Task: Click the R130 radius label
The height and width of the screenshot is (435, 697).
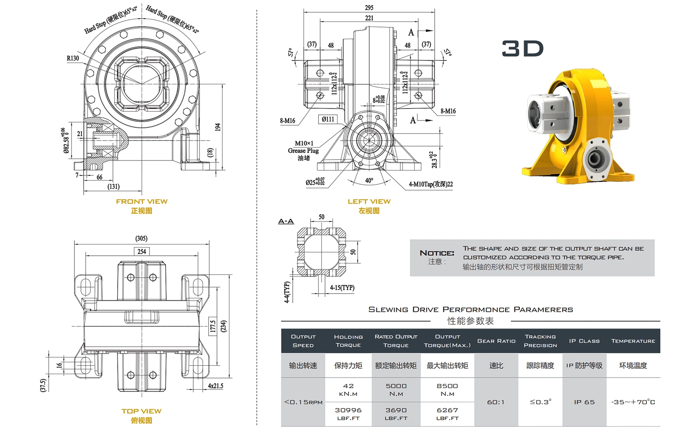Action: point(73,58)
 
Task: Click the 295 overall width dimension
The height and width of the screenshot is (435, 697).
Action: point(369,8)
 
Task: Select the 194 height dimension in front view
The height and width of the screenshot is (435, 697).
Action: point(217,127)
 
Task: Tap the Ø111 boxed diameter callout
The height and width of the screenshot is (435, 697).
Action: point(328,119)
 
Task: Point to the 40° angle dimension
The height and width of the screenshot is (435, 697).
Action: point(369,181)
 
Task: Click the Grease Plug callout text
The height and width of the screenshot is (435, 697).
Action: point(303,151)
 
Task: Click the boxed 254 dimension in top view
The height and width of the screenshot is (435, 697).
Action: point(142,251)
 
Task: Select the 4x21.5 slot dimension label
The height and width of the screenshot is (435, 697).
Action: point(215,386)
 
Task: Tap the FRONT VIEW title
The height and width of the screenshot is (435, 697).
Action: point(142,201)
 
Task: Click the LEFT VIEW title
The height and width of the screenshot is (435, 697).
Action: point(369,201)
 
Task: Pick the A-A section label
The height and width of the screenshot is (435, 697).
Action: point(286,221)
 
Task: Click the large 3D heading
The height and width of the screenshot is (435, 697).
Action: point(522,49)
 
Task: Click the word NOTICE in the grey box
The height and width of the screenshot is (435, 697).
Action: point(436,253)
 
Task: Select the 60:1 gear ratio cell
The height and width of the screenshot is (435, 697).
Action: point(496,402)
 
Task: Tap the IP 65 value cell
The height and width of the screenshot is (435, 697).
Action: point(584,402)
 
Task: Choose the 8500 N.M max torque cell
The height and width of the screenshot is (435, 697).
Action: point(447,389)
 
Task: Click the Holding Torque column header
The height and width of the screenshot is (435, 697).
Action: point(348,341)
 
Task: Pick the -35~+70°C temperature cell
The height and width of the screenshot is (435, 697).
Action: point(633,402)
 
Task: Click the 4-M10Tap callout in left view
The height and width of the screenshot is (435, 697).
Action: point(430,184)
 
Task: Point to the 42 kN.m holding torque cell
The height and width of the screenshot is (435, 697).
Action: point(348,389)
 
